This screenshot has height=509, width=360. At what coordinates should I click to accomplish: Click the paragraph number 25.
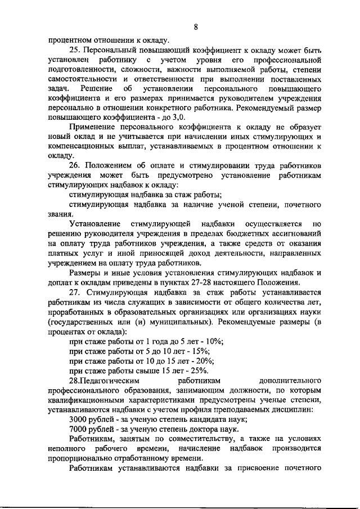[x=75, y=49]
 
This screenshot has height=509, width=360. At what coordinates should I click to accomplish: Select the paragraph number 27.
[x=75, y=292]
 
